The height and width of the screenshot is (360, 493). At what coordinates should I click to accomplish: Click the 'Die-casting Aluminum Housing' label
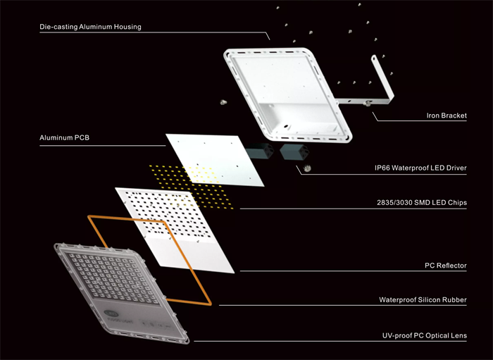pos(91,27)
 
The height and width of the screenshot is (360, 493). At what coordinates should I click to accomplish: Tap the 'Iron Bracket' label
pos(447,116)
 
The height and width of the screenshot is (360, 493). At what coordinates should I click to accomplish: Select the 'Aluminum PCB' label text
pos(65,137)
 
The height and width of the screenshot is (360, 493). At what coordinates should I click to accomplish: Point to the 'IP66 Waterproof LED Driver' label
pos(420,168)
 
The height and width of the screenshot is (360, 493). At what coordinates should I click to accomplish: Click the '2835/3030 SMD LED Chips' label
pos(422,202)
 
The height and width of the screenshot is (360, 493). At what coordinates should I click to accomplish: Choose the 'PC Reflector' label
pos(446,266)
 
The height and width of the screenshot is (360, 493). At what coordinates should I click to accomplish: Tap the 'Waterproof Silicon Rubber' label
pos(423,299)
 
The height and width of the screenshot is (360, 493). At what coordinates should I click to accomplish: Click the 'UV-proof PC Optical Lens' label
pos(425,336)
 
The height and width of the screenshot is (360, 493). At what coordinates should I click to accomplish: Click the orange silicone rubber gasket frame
pos(189,261)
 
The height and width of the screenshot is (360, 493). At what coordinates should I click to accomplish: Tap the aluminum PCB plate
pos(215,159)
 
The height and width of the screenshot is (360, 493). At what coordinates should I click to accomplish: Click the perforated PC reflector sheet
pos(175,230)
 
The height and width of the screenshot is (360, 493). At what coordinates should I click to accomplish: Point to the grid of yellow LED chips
pos(191,187)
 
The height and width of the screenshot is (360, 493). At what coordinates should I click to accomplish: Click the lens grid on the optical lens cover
pos(113,278)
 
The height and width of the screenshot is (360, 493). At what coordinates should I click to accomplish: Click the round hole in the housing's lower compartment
pos(286,126)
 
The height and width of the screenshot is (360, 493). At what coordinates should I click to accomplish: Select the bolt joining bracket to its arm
pos(367,103)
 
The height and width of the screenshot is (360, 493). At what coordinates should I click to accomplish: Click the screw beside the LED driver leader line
pos(307,168)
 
